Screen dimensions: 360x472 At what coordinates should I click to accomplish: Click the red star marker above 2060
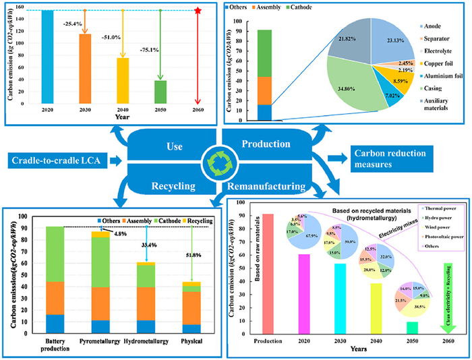[198, 11]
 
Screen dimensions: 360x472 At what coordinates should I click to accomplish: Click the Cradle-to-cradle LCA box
[58, 160]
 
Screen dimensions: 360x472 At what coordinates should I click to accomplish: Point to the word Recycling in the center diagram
[172, 183]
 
